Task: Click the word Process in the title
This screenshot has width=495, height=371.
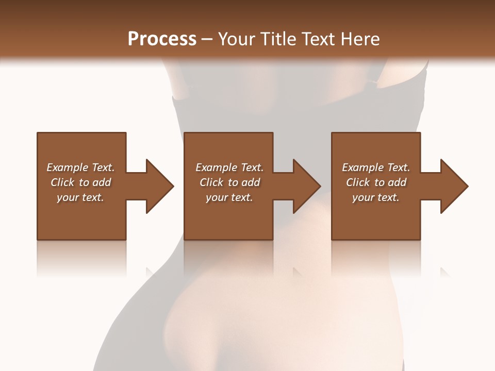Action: [x=162, y=39]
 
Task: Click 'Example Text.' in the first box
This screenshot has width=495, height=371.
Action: [x=80, y=167]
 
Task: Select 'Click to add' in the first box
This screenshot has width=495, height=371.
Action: [x=80, y=182]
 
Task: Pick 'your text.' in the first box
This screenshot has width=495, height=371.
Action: [x=80, y=197]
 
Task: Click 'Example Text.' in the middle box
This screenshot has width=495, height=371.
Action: [x=229, y=167]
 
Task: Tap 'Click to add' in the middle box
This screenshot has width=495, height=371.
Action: [x=229, y=182]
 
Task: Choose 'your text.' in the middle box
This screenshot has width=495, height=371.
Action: [x=229, y=197]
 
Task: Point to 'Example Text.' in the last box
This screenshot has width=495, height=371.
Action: [x=376, y=167]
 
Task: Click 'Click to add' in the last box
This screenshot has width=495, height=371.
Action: [x=376, y=182]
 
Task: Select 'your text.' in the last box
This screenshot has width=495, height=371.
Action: [x=376, y=197]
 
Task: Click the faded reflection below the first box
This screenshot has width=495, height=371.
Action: [x=81, y=258]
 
